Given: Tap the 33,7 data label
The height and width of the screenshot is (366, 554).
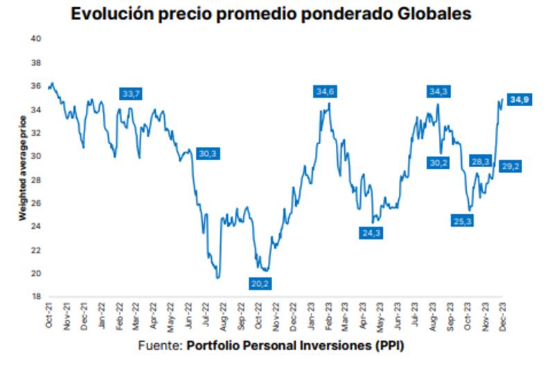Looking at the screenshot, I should (130, 94).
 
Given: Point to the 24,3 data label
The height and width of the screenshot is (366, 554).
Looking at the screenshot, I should (370, 233).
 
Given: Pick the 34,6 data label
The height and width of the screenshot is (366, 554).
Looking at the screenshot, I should (325, 91).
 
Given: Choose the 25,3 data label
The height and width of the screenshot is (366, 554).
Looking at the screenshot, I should (463, 221).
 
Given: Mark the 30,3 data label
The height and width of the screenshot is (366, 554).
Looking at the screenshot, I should (207, 154).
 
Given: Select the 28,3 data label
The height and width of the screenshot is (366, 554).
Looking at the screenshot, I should (480, 162).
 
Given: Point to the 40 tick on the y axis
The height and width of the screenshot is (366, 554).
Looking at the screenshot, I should (37, 39).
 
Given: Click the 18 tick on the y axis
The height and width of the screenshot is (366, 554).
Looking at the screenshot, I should (37, 297).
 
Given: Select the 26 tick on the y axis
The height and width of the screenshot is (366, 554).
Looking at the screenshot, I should (37, 203).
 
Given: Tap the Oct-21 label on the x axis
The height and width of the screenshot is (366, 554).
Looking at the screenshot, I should (49, 316).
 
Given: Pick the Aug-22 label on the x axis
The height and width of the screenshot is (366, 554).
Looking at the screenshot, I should (223, 316).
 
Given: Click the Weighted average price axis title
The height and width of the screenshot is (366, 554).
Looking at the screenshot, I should (22, 167).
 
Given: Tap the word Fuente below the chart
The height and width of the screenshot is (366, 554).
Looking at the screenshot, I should (159, 346).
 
